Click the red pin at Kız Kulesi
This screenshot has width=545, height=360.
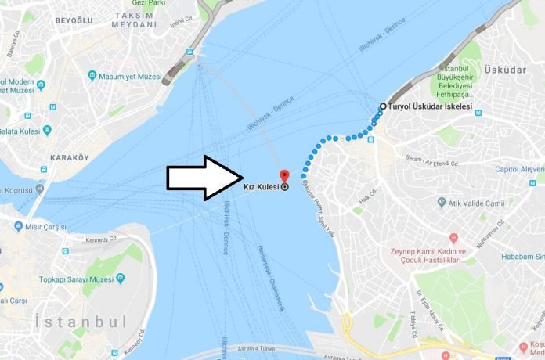(x=284, y=175)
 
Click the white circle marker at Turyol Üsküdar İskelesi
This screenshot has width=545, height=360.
(x=383, y=106)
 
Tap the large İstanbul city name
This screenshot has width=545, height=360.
(x=81, y=322)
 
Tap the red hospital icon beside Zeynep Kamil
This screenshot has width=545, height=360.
(x=453, y=237)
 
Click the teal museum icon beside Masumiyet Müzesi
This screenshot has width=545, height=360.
(x=92, y=76)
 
